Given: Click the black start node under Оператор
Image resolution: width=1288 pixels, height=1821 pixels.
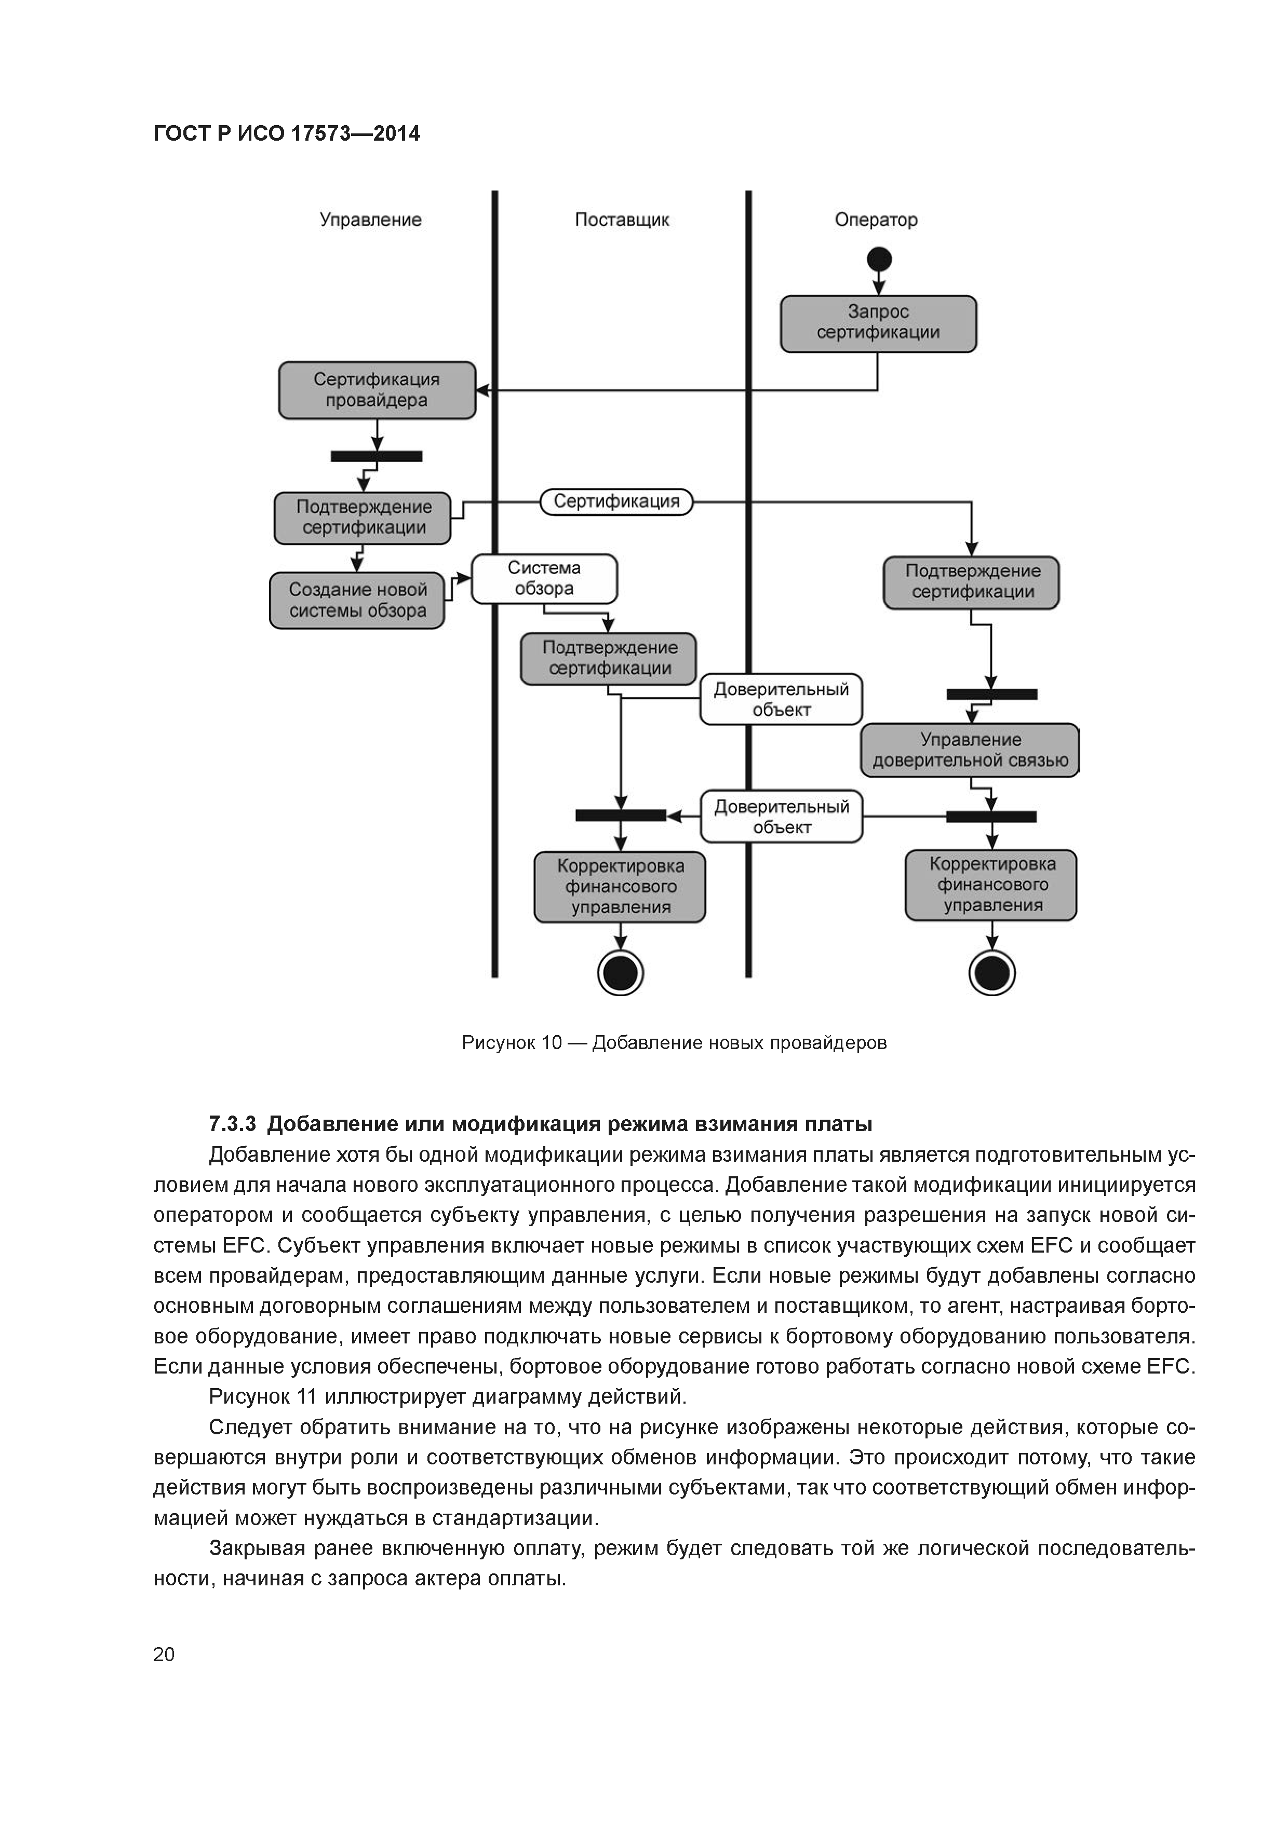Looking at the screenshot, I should (879, 260).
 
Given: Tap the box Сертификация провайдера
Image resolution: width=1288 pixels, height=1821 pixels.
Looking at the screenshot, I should (377, 390).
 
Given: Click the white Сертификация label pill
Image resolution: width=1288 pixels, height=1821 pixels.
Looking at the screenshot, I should (616, 501).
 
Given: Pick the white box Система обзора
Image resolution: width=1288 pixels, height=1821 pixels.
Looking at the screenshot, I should (544, 579).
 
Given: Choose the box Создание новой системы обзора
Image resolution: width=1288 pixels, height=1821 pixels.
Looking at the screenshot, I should (357, 601).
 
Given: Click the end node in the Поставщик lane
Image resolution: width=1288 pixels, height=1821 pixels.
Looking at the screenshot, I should (621, 972).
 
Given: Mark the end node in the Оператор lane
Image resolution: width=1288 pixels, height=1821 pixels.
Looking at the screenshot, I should (992, 972).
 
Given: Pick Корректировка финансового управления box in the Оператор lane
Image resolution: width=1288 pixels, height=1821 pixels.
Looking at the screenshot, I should (991, 885).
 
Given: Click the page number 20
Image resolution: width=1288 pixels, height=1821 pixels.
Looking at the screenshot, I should (164, 1654).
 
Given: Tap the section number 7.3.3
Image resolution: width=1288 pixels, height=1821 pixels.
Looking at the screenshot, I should (233, 1124).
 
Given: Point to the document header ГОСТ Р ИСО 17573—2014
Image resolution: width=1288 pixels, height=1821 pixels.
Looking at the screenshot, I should (287, 133).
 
